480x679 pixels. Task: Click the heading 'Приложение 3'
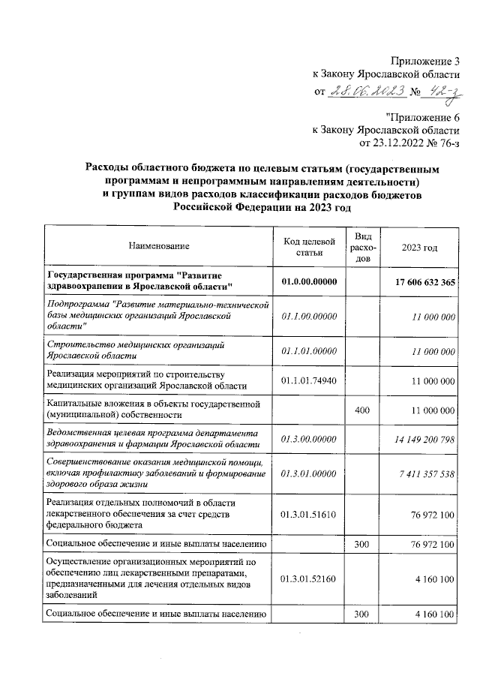[424, 61]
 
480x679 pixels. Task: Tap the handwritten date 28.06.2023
[367, 92]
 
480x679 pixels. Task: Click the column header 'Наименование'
[159, 246]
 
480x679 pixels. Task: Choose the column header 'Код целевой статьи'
[308, 246]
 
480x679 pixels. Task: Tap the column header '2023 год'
[419, 246]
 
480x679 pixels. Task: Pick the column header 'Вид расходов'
[362, 246]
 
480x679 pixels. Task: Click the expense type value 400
[362, 412]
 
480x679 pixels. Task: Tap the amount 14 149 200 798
[419, 439]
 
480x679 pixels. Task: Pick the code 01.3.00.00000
[308, 439]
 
